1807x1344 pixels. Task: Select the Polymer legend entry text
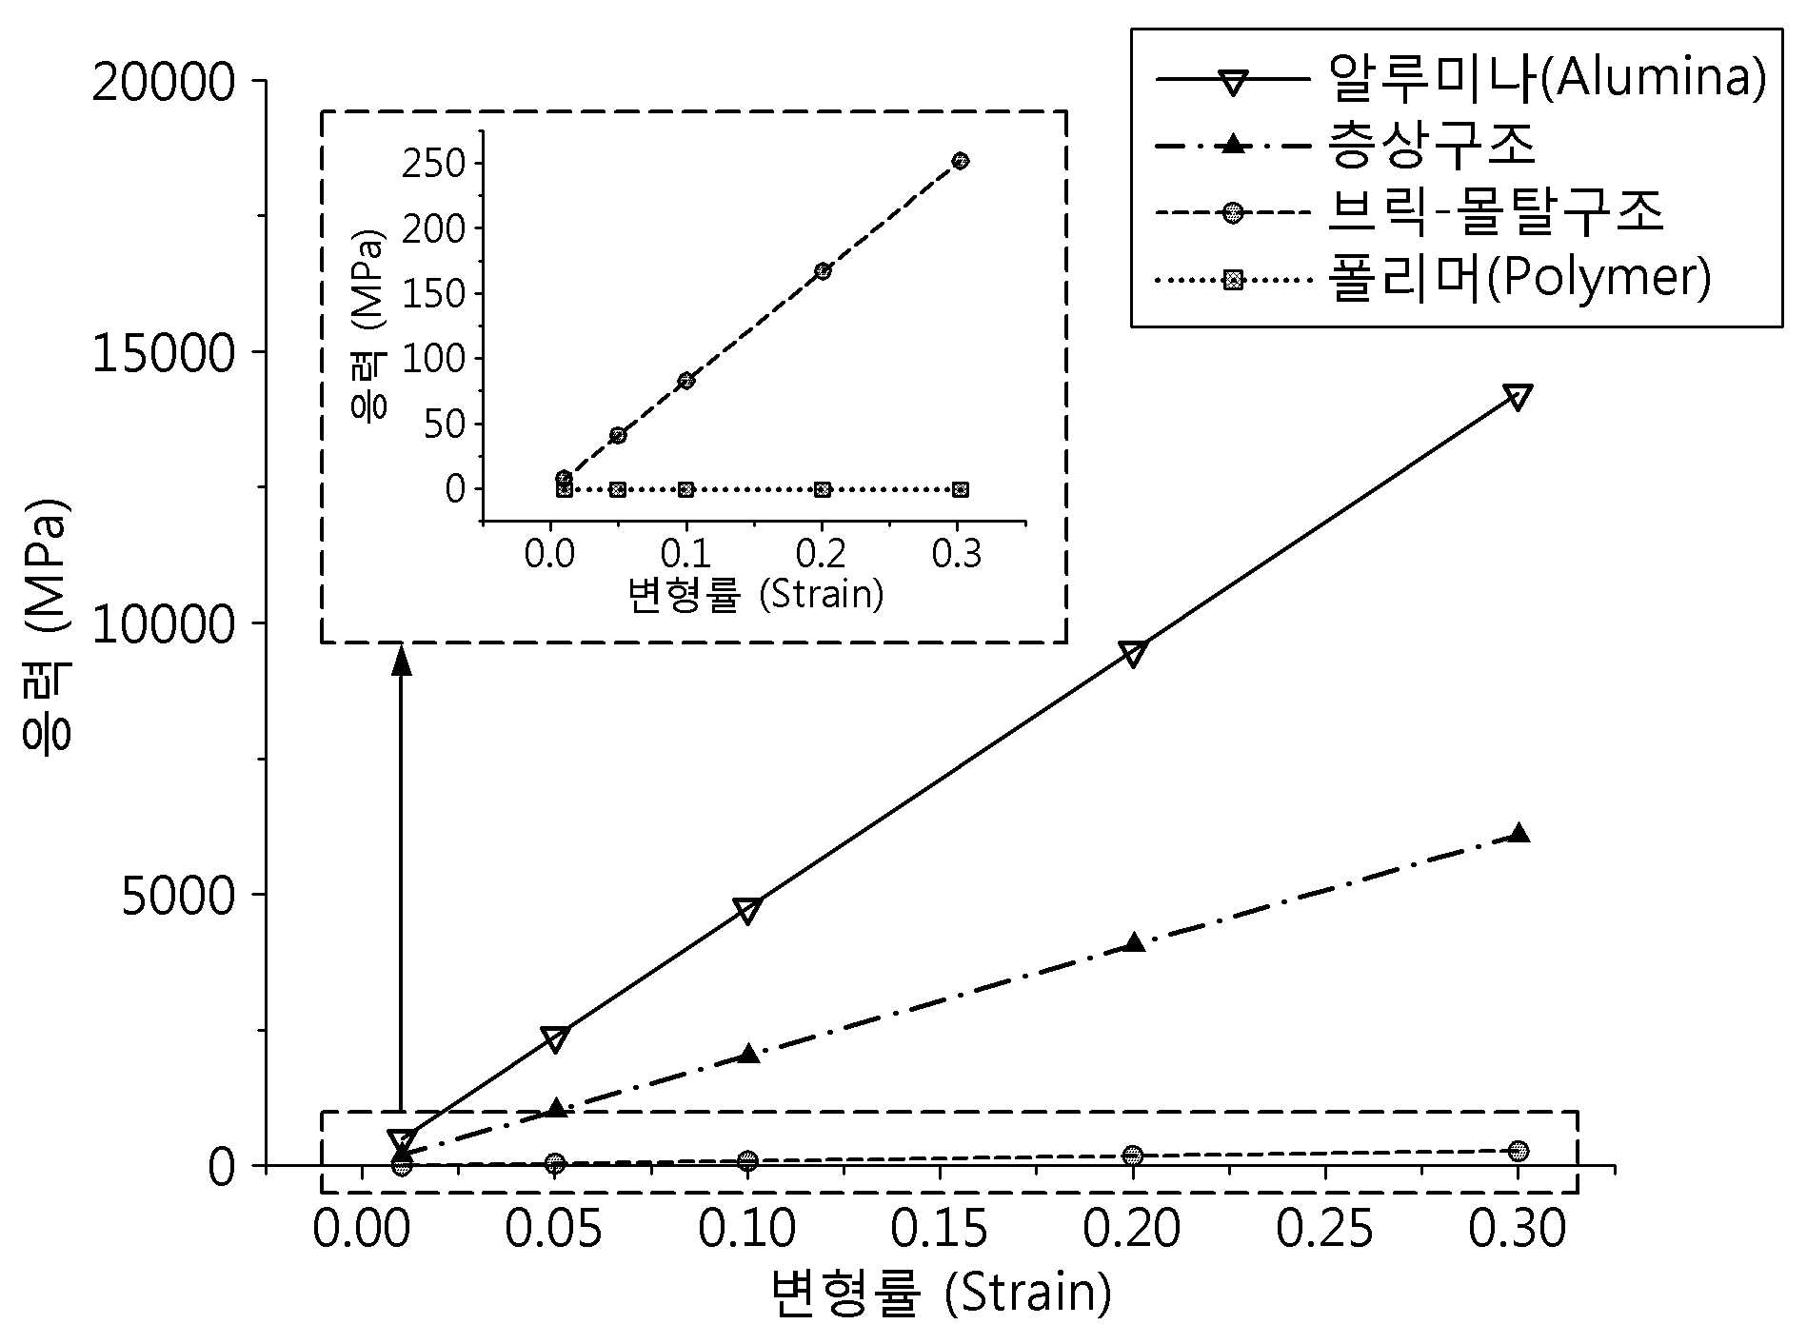point(1519,280)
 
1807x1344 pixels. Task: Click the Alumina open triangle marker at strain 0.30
point(1519,397)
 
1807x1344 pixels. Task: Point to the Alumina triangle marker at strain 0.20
point(1133,654)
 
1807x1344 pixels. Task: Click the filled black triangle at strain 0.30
point(1519,833)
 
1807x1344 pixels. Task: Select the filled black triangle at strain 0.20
point(1133,942)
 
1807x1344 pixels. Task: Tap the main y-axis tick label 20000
point(164,84)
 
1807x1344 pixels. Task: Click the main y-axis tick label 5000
point(178,897)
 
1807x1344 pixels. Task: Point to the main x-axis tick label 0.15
point(940,1229)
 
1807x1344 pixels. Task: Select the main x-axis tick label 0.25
point(1325,1229)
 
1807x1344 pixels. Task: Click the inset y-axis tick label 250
point(433,165)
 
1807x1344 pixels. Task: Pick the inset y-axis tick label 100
point(433,359)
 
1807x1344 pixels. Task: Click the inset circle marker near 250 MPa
point(961,161)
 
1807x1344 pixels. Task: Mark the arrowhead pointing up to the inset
point(402,660)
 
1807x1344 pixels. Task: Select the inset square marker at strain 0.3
point(961,489)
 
